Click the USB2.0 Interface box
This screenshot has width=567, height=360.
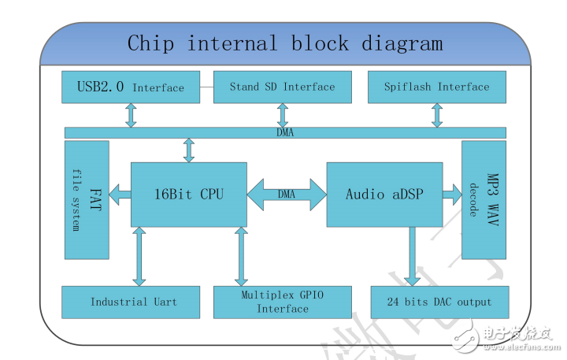[130, 87]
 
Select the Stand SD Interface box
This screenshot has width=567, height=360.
[282, 87]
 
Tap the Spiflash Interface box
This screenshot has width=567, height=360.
[436, 87]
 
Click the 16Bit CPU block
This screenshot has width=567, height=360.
[189, 194]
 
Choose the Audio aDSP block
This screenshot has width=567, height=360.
[384, 194]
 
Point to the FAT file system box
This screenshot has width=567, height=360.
[87, 200]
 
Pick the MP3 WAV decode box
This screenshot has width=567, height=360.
[484, 200]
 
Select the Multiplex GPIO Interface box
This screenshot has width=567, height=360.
[282, 302]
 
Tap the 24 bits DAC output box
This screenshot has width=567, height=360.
[439, 302]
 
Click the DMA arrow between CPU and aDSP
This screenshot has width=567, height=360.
[287, 194]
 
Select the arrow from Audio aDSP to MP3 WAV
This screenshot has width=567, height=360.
[451, 193]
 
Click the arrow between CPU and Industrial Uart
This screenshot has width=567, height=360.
[139, 256]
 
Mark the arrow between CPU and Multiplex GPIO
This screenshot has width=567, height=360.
[242, 256]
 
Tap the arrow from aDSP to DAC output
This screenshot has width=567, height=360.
[410, 256]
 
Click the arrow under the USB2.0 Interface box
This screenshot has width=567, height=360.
[131, 115]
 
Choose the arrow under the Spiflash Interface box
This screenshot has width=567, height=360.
[436, 115]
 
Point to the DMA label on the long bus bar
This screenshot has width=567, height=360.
[285, 132]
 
